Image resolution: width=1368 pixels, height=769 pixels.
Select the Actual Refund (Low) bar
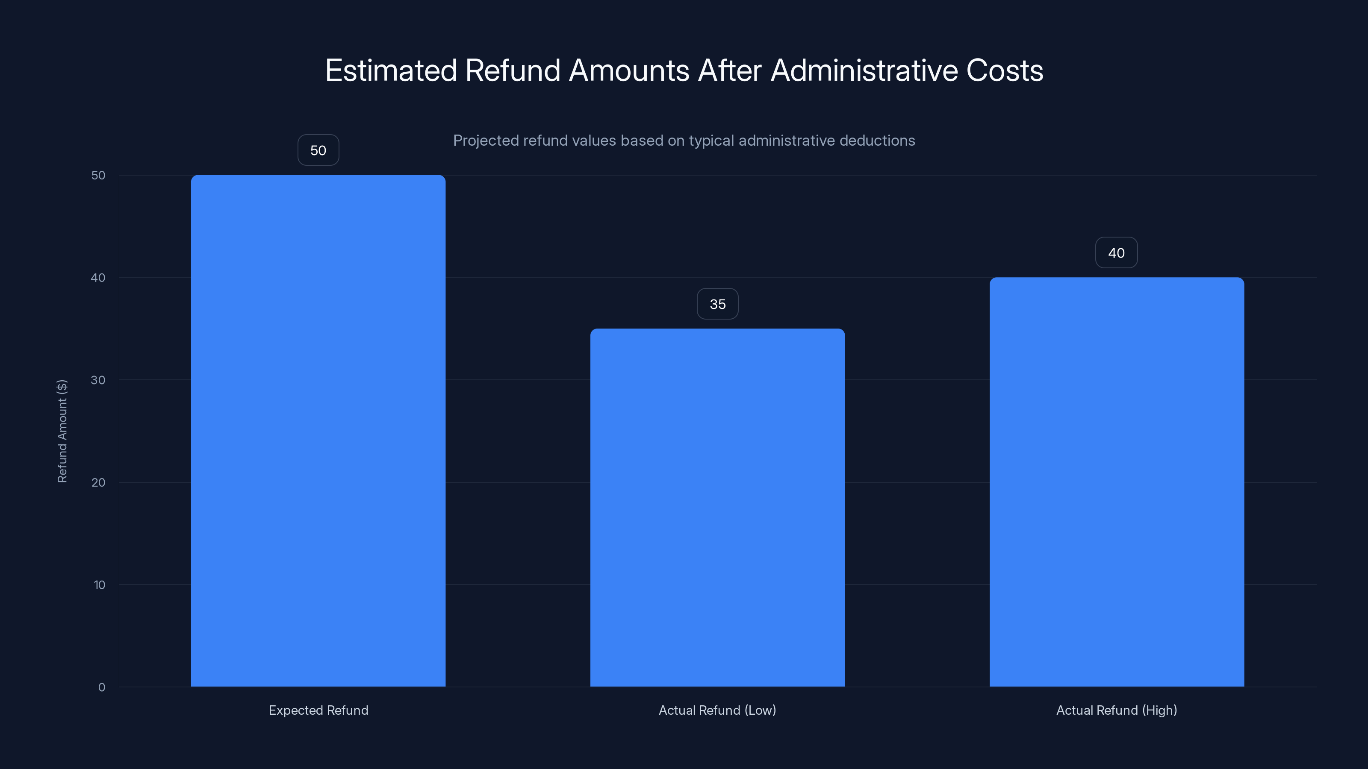[717, 508]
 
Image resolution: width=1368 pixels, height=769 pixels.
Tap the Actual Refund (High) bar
[1116, 482]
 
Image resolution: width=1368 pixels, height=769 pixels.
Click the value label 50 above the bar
[318, 150]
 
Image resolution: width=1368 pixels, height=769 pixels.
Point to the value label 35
[717, 304]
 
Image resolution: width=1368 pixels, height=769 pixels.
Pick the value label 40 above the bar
[1116, 252]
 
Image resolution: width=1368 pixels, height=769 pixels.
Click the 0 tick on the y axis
[101, 687]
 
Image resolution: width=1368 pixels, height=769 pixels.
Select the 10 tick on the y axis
[99, 585]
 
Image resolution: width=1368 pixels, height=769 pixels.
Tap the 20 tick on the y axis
[98, 482]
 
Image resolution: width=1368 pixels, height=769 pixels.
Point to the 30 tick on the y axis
[98, 380]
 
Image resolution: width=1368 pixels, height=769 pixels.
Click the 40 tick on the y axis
[98, 278]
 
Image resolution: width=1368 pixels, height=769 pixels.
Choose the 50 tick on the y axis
[98, 175]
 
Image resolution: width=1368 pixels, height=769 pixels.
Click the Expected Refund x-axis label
[318, 710]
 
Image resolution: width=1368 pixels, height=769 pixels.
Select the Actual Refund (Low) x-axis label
[717, 710]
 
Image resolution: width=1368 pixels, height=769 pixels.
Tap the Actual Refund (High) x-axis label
[1116, 710]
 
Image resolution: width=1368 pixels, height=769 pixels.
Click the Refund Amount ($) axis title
[62, 431]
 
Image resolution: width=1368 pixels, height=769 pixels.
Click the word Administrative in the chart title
[864, 70]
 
